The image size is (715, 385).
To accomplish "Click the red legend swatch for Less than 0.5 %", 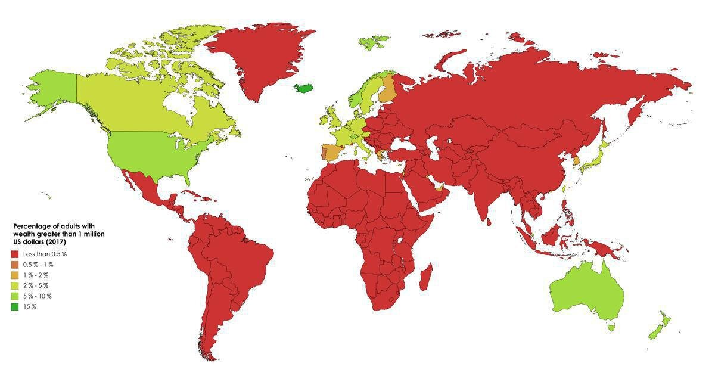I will (x=14, y=254).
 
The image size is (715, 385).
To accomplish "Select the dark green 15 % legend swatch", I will (x=14, y=306).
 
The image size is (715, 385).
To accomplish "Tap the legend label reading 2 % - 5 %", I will (x=36, y=285).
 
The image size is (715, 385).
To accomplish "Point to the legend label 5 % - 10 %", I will (x=37, y=296).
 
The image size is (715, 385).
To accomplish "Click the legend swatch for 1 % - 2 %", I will (x=14, y=275).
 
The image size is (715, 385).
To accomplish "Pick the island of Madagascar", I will (x=425, y=278).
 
